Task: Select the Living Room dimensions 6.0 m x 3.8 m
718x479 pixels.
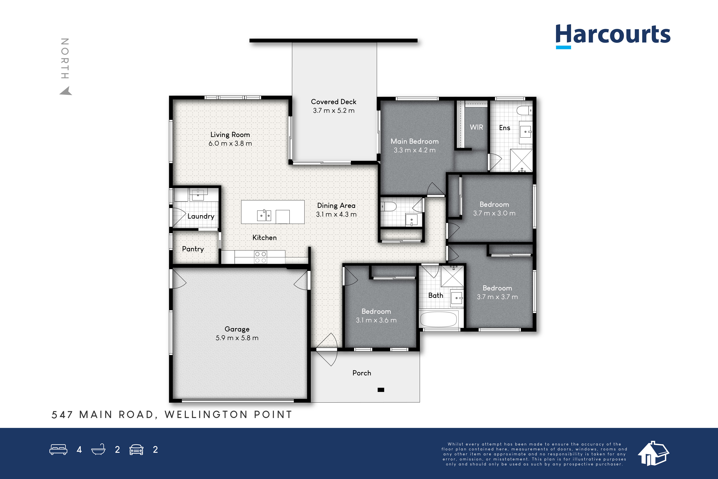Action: (230, 143)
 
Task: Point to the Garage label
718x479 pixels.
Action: (237, 329)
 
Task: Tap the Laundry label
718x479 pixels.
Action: (201, 216)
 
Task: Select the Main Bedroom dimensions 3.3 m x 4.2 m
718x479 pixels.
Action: (415, 150)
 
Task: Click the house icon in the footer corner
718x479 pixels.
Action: (653, 453)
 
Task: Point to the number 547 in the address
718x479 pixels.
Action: (62, 414)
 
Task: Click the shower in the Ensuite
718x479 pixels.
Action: (521, 160)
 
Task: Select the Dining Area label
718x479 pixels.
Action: (336, 206)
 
